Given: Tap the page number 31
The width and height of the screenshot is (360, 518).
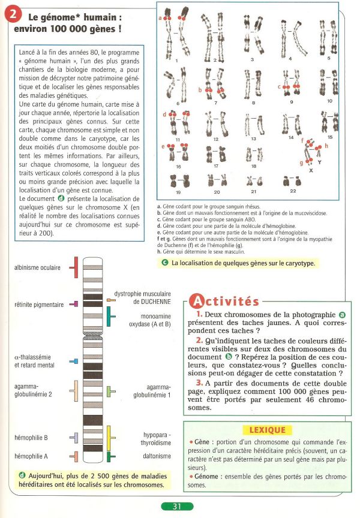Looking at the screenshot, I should pyautogui.click(x=177, y=506).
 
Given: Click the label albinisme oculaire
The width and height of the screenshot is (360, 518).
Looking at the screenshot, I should pyautogui.click(x=37, y=267).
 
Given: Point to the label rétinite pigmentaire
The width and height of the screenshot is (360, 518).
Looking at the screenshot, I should pyautogui.click(x=38, y=305).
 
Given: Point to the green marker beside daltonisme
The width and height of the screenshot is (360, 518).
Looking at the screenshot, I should pyautogui.click(x=110, y=457).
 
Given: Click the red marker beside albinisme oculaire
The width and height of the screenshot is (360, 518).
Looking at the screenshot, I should pyautogui.click(x=74, y=267).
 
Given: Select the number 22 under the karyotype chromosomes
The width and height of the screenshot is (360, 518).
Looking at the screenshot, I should pyautogui.click(x=293, y=191).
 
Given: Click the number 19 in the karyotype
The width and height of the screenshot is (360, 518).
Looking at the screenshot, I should pyautogui.click(x=178, y=192).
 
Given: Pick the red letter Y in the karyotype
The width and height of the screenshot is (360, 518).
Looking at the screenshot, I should pyautogui.click(x=319, y=162).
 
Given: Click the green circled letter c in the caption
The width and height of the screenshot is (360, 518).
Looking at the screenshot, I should pyautogui.click(x=165, y=263).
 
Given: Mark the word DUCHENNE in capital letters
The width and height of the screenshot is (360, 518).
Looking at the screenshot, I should pyautogui.click(x=155, y=302).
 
